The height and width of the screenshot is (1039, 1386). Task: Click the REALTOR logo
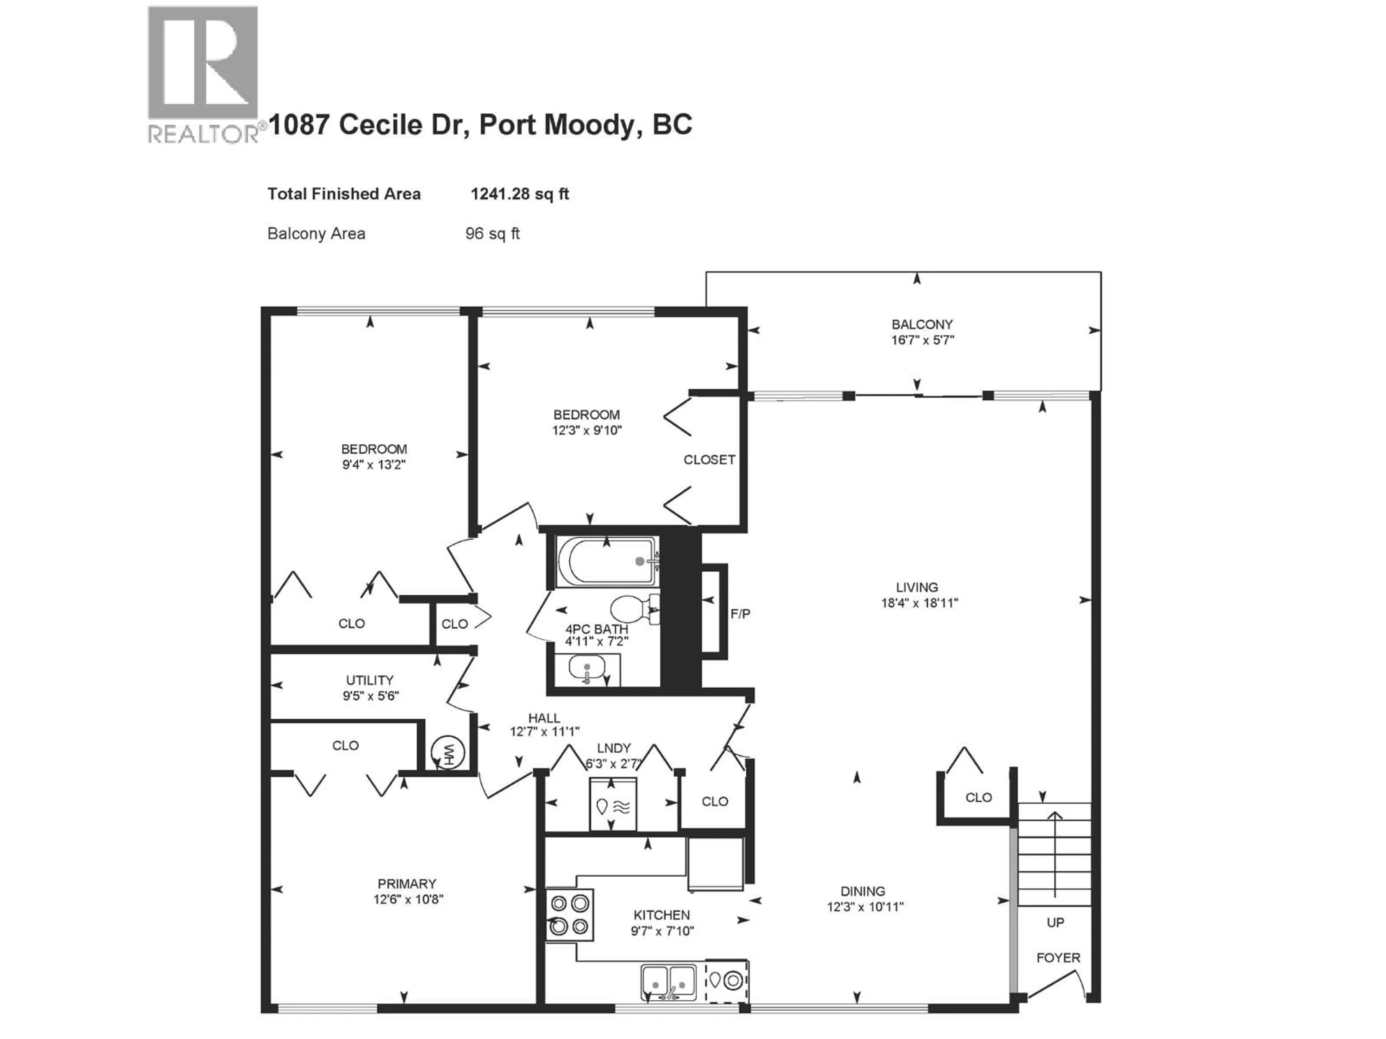click(x=203, y=74)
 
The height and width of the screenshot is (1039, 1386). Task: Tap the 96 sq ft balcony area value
click(x=492, y=234)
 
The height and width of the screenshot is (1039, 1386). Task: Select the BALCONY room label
click(x=922, y=324)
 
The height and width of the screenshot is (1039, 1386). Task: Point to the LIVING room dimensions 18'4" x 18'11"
click(x=919, y=603)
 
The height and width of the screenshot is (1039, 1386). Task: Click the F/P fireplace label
click(x=740, y=614)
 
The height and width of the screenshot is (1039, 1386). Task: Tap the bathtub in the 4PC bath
click(x=606, y=561)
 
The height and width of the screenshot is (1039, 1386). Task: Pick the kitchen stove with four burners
click(x=569, y=915)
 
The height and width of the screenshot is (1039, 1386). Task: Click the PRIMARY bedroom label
click(x=407, y=884)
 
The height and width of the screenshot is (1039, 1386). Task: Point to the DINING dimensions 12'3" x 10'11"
click(x=865, y=907)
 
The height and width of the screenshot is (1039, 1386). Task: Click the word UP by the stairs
click(x=1055, y=922)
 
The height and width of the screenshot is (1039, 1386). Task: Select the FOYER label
click(x=1058, y=957)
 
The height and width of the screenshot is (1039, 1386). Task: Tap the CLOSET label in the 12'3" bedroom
click(x=709, y=460)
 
